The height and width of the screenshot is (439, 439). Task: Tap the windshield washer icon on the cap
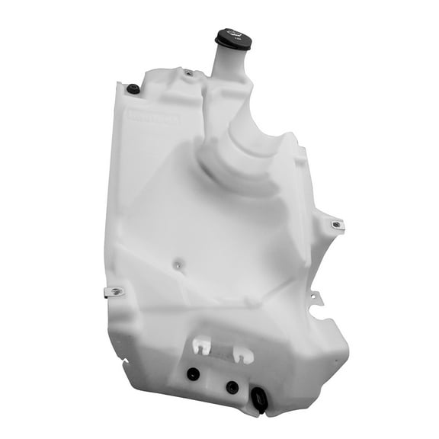tap(233, 35)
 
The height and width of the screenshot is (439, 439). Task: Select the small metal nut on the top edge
tap(188, 74)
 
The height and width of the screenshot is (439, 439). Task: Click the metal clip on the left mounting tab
tap(116, 290)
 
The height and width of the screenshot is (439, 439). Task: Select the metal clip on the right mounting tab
tap(335, 225)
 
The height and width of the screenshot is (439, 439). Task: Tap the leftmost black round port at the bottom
tap(193, 374)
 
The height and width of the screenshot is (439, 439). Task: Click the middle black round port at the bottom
tap(232, 387)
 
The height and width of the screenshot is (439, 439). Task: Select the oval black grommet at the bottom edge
tap(260, 400)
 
